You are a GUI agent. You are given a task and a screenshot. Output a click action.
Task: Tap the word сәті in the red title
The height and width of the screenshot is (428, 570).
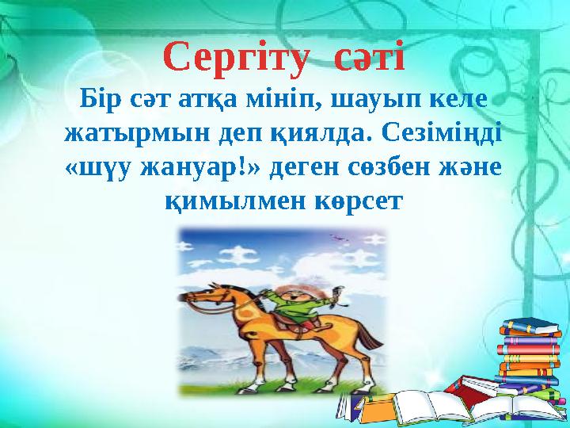coord(369,58)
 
